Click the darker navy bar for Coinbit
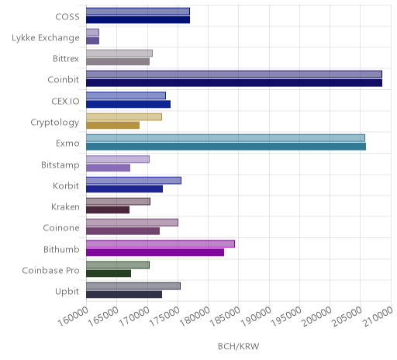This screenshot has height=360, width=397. (x=234, y=83)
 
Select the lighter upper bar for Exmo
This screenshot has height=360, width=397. (x=226, y=138)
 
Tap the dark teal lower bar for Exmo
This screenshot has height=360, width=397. (x=226, y=147)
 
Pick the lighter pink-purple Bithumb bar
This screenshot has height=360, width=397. (x=161, y=244)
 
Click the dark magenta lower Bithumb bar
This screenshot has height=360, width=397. (x=155, y=252)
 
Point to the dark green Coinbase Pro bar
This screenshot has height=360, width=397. (x=109, y=273)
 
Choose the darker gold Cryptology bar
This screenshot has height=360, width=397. (x=113, y=125)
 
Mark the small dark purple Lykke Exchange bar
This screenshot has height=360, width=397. (x=93, y=40)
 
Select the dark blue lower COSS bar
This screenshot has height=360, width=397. (x=138, y=19)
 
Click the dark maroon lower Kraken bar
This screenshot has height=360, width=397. (x=108, y=209)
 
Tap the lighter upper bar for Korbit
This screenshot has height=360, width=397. (x=134, y=181)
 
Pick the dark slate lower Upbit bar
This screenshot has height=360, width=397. (x=124, y=294)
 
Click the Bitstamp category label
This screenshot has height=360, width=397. (x=60, y=165)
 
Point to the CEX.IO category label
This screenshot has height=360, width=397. (x=65, y=101)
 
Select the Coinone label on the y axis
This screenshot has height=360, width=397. (x=61, y=228)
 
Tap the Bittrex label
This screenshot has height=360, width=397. (x=66, y=59)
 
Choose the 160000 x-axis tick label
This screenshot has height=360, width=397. (x=73, y=317)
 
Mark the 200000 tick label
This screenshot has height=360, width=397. (x=316, y=317)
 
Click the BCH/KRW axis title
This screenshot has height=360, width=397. (x=239, y=346)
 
